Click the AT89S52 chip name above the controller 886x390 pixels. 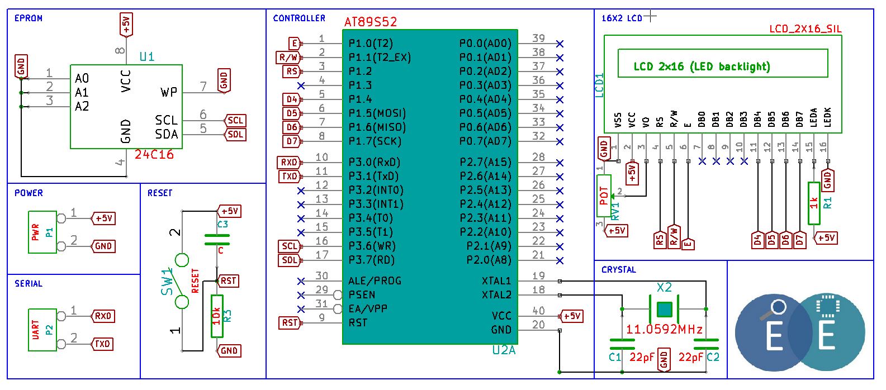[370, 22]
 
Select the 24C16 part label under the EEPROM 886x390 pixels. [154, 154]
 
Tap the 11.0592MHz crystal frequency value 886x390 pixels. [664, 329]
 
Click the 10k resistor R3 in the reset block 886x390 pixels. [217, 316]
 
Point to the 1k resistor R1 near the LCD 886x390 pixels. [814, 203]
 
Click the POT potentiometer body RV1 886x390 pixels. [604, 196]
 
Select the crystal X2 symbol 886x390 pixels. [665, 310]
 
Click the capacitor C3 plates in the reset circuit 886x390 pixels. [217, 239]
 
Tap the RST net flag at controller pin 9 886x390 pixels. [291, 323]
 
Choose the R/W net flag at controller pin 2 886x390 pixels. [289, 58]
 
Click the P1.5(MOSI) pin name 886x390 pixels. [377, 113]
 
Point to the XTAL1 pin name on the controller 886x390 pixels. [496, 281]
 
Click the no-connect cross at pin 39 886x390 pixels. [560, 44]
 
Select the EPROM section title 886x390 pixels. [28, 18]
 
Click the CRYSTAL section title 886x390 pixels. [619, 270]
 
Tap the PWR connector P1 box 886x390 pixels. [42, 232]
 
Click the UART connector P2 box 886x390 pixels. [42, 330]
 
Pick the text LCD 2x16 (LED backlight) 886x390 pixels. [702, 66]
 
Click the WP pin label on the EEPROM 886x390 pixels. [169, 93]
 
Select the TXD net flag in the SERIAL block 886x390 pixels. [102, 344]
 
